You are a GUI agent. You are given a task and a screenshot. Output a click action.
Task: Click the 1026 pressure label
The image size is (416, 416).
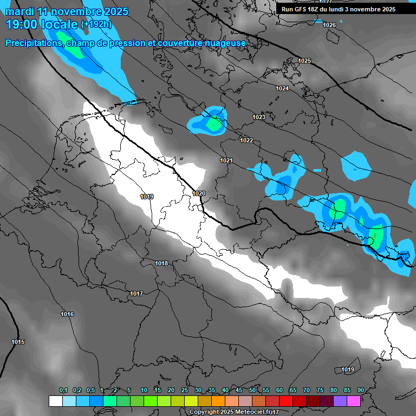[x=329, y=25]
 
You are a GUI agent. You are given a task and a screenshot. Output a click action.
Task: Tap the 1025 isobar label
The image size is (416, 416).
[x=304, y=61]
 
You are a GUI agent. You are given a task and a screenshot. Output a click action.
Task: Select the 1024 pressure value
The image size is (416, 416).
[x=282, y=88]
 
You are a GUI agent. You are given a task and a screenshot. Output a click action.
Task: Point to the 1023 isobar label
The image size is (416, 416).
[x=259, y=118]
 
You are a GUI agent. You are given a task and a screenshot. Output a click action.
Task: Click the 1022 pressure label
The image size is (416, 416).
[x=246, y=140]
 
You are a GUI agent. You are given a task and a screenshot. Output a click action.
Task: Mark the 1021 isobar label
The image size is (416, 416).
[x=226, y=160]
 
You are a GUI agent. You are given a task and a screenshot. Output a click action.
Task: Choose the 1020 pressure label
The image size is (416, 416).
[x=199, y=193]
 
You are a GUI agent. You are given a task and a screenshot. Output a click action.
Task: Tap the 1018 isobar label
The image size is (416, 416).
[x=161, y=263]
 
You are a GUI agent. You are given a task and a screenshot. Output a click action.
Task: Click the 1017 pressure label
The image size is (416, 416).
[x=136, y=294]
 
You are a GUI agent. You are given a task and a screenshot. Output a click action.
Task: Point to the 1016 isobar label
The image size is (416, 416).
[x=67, y=315]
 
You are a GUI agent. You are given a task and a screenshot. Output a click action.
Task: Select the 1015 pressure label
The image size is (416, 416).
[x=18, y=342]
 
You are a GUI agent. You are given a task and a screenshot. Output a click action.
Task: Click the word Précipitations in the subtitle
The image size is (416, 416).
[x=32, y=43]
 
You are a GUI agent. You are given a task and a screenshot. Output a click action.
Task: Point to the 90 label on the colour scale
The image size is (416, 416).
[x=360, y=390]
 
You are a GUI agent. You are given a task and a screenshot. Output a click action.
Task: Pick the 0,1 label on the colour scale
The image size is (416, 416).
[x=63, y=390]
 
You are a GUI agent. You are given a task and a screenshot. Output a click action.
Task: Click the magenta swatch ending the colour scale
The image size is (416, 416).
[x=354, y=401]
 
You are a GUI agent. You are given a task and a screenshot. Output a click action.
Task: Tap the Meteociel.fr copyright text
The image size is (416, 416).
[x=234, y=412]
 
